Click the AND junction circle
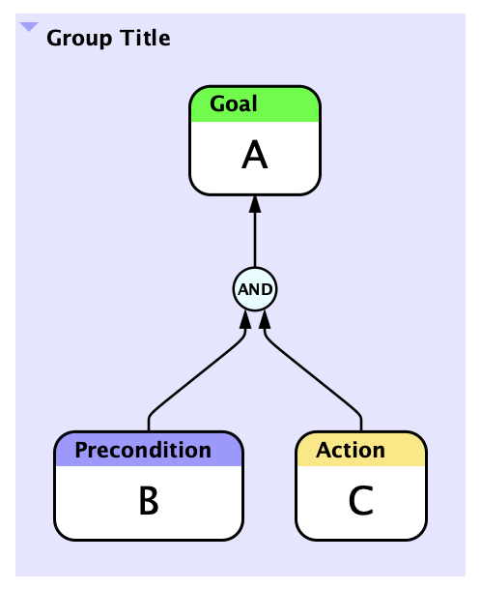point(255,289)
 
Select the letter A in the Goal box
point(254,155)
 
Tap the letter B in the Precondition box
point(149,500)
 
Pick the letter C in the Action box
point(361,500)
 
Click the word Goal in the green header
point(234,103)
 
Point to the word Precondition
point(143,450)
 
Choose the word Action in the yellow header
point(351,450)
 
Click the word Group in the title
point(79,39)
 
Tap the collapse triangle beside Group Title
point(29,27)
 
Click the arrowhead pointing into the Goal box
point(255,203)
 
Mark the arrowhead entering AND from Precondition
point(245,319)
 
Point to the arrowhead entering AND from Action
point(265,319)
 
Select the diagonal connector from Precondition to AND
point(195,378)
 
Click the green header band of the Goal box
point(255,104)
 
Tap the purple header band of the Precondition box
point(149,450)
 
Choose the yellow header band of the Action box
point(361,450)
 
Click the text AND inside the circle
point(255,289)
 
